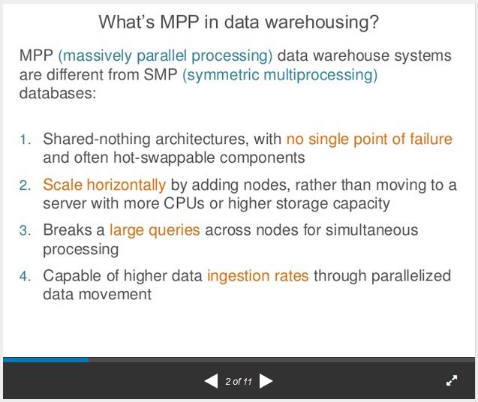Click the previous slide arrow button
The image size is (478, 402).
(211, 381)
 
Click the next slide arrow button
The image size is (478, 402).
(266, 381)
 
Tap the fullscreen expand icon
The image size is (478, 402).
(452, 381)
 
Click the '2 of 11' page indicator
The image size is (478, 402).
(239, 382)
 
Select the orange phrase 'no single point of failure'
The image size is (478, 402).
(369, 139)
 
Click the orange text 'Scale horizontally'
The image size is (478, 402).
(104, 184)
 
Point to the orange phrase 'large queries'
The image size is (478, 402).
(155, 230)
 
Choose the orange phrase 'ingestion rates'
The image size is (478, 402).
(257, 276)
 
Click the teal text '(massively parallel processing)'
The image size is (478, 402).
(166, 56)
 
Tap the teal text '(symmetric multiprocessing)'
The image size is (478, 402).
(280, 76)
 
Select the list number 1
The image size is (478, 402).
(26, 139)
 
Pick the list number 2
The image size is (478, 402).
(26, 185)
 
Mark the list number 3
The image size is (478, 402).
(26, 231)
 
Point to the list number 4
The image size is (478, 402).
(26, 277)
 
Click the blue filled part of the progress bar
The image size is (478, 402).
(45, 360)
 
